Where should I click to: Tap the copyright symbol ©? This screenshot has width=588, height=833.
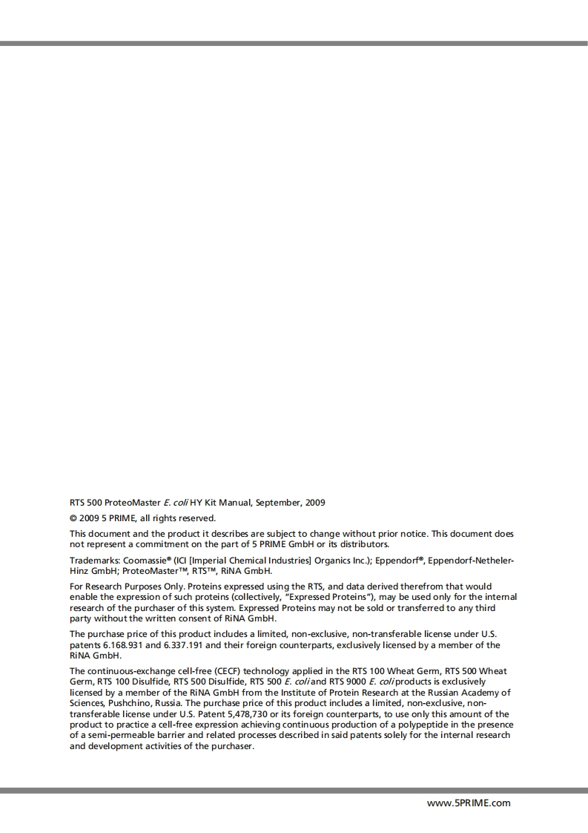click(x=73, y=518)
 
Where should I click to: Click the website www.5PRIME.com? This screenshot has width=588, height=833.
click(x=469, y=803)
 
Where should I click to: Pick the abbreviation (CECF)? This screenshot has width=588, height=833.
click(x=215, y=670)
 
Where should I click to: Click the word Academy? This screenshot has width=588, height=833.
click(x=483, y=692)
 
